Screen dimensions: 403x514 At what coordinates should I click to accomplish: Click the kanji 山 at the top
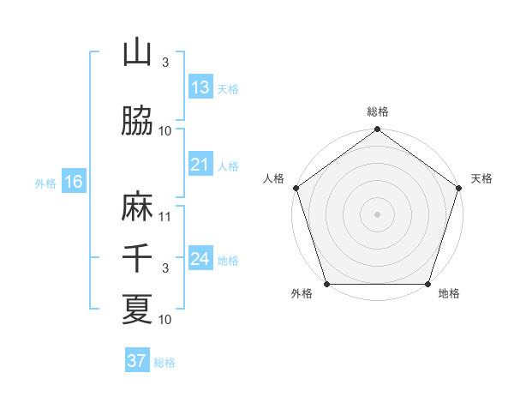click(x=137, y=53)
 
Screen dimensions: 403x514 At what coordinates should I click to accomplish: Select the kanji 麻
click(x=137, y=208)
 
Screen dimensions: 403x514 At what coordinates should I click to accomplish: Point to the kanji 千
click(x=137, y=258)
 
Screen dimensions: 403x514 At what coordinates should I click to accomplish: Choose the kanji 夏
click(x=137, y=309)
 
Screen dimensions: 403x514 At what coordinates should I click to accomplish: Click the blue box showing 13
click(x=200, y=87)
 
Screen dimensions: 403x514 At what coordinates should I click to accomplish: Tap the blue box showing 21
click(x=200, y=165)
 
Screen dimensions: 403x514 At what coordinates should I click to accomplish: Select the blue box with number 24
click(x=200, y=259)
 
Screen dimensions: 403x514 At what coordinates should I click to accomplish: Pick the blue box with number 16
click(x=74, y=182)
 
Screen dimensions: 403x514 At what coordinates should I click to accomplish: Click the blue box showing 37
click(x=136, y=361)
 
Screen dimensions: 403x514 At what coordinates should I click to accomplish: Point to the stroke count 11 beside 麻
click(x=166, y=216)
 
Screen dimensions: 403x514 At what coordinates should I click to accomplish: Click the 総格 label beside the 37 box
click(x=164, y=363)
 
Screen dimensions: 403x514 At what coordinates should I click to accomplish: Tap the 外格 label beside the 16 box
click(x=45, y=183)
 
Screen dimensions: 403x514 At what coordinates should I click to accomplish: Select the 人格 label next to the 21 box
click(x=229, y=165)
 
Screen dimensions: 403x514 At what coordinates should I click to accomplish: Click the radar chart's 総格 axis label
click(x=377, y=111)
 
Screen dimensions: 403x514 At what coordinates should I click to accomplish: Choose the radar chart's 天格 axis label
click(x=481, y=178)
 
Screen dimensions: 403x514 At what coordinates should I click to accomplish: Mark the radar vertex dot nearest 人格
click(x=296, y=188)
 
